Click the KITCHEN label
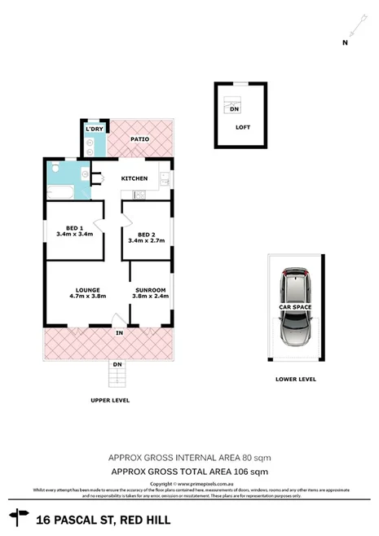[134, 178]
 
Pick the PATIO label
[140, 139]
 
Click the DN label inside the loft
[235, 109]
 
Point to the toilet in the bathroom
[54, 169]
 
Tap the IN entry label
[119, 333]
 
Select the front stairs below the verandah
[118, 376]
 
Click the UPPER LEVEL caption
[110, 401]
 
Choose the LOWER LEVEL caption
[295, 379]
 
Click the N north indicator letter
[345, 42]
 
